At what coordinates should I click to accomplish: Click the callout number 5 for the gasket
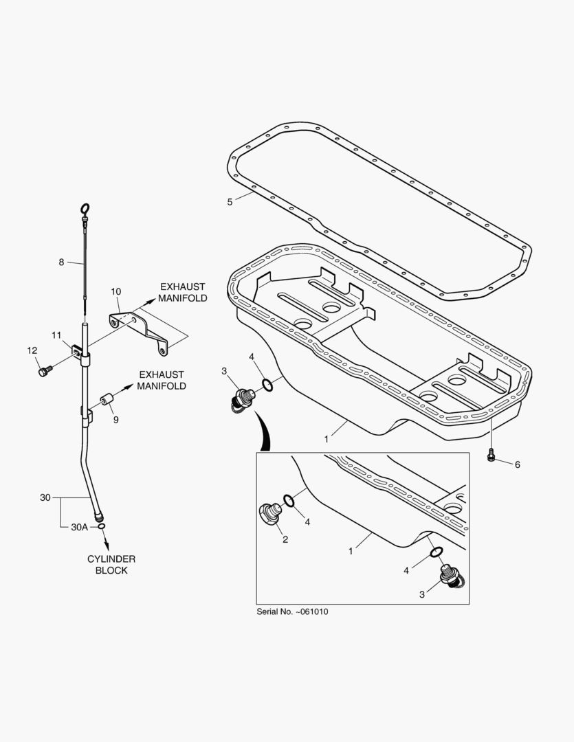[230, 201]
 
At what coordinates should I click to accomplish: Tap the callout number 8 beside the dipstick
[61, 262]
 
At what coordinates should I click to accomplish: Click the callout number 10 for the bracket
[116, 291]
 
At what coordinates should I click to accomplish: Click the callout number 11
[57, 335]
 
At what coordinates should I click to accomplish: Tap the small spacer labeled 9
[107, 399]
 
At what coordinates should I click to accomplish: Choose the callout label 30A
[80, 527]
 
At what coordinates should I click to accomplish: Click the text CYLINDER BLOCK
[111, 564]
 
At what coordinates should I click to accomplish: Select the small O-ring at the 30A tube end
[102, 526]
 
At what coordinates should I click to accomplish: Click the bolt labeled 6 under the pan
[491, 456]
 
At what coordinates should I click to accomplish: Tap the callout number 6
[517, 464]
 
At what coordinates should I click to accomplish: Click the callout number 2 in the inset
[285, 539]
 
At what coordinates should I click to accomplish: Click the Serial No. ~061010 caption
[292, 611]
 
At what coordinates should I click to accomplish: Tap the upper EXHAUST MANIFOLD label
[184, 293]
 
